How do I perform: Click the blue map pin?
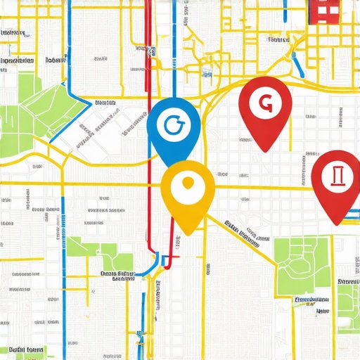(174, 128)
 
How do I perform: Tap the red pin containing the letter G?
(265, 107)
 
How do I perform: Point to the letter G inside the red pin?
(265, 103)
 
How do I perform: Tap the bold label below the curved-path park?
(313, 300)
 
